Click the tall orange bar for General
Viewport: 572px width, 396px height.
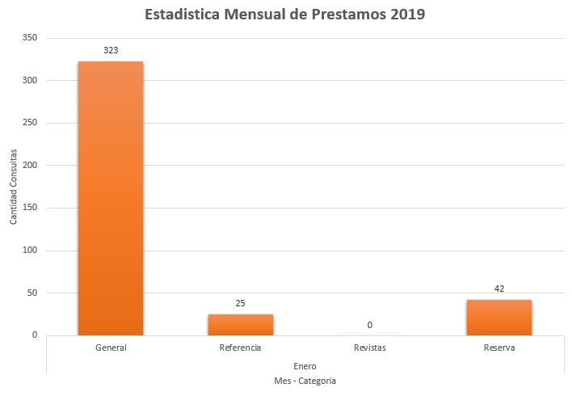111,198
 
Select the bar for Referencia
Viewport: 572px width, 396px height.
240,324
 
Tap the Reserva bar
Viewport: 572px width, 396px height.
498,317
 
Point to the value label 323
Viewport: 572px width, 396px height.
111,50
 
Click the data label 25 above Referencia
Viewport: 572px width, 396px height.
240,303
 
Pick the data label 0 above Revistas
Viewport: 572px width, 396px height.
369,325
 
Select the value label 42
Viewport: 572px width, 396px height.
498,289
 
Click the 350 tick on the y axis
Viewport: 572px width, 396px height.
31,38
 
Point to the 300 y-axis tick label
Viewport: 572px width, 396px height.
31,81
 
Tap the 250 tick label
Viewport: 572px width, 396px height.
31,123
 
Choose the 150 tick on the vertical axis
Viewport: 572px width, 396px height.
31,208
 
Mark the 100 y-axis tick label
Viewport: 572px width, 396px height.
31,251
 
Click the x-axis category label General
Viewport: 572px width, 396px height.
111,348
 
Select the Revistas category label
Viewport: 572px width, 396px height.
369,348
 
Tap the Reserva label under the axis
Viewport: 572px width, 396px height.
498,348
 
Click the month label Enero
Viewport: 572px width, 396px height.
305,365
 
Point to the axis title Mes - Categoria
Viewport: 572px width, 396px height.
305,381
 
